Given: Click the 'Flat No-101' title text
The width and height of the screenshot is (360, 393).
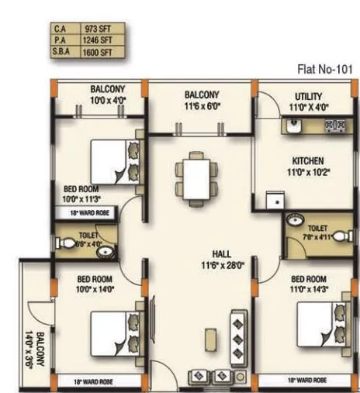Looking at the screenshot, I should (x=325, y=69).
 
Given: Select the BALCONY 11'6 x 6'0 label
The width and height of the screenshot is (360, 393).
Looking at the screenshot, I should (x=202, y=99).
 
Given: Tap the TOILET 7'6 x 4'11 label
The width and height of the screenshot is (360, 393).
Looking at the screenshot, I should (x=317, y=233).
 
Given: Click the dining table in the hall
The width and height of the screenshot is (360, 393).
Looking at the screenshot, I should (x=191, y=178).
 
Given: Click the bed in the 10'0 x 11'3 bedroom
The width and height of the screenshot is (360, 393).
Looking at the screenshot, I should (x=116, y=160).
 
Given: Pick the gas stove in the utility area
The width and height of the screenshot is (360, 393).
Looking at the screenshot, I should (x=334, y=124).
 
